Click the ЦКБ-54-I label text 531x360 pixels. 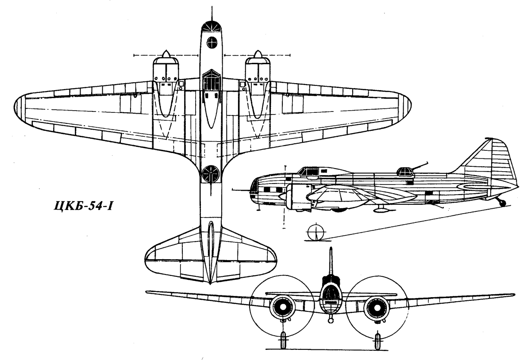[83, 206]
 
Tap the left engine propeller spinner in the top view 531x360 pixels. [166, 54]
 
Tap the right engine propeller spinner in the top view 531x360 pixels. [258, 54]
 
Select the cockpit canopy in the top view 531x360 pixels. [212, 80]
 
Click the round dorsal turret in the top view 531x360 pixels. [211, 174]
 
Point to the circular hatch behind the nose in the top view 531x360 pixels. [212, 42]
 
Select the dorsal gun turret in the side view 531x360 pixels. [405, 172]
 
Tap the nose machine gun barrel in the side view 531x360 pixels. [241, 190]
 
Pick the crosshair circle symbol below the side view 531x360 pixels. [316, 232]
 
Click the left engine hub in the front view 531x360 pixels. [283, 307]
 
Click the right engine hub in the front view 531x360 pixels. [377, 307]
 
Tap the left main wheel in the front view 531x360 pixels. [283, 340]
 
